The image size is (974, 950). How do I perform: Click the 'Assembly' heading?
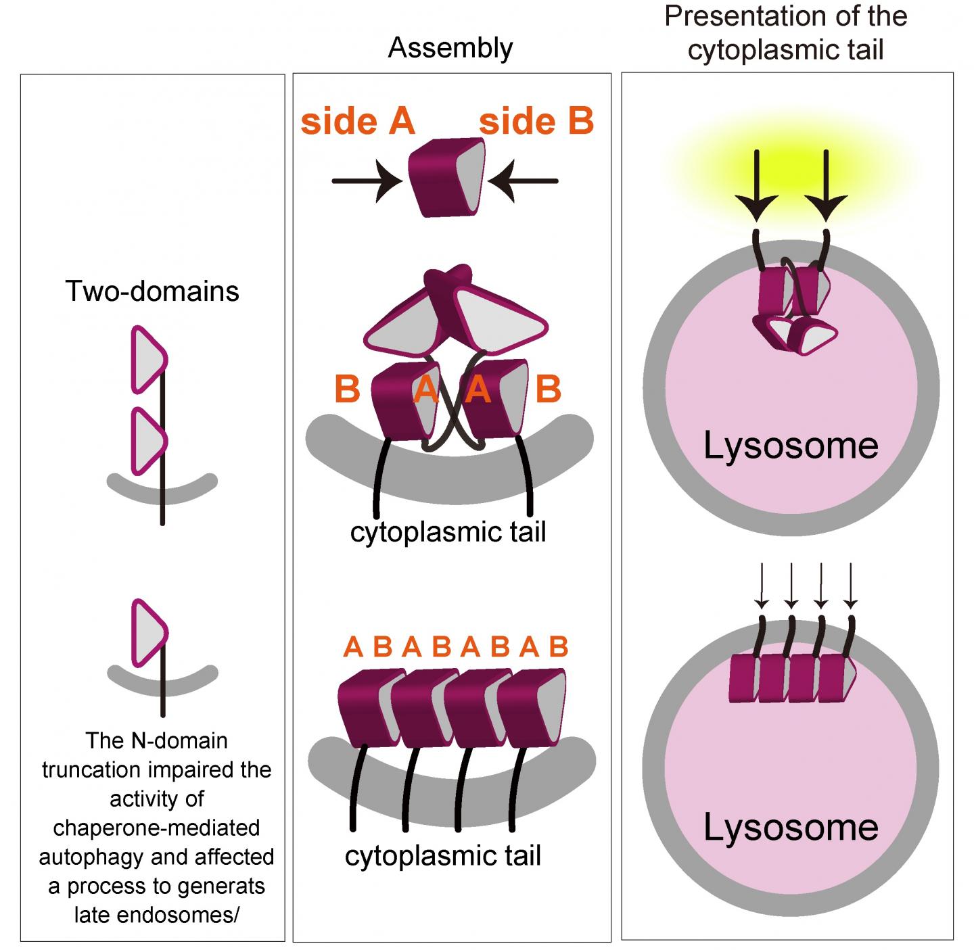(x=450, y=48)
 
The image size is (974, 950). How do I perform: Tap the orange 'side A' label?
(x=357, y=122)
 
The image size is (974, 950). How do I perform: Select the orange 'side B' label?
(x=536, y=122)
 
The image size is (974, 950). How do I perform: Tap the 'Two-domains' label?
(x=152, y=291)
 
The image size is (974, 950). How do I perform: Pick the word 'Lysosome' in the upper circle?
(x=791, y=446)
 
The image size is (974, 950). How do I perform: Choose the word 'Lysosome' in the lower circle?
(x=791, y=827)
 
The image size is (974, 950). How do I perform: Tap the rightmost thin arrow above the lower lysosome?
(x=850, y=586)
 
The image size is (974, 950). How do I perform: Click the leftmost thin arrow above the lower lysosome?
(x=762, y=586)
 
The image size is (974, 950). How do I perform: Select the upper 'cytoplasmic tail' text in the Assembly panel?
(x=448, y=532)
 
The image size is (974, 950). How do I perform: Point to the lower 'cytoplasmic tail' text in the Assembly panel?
(x=443, y=855)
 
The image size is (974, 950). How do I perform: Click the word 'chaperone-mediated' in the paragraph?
(x=156, y=828)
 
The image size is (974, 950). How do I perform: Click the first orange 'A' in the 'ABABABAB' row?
(x=353, y=647)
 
